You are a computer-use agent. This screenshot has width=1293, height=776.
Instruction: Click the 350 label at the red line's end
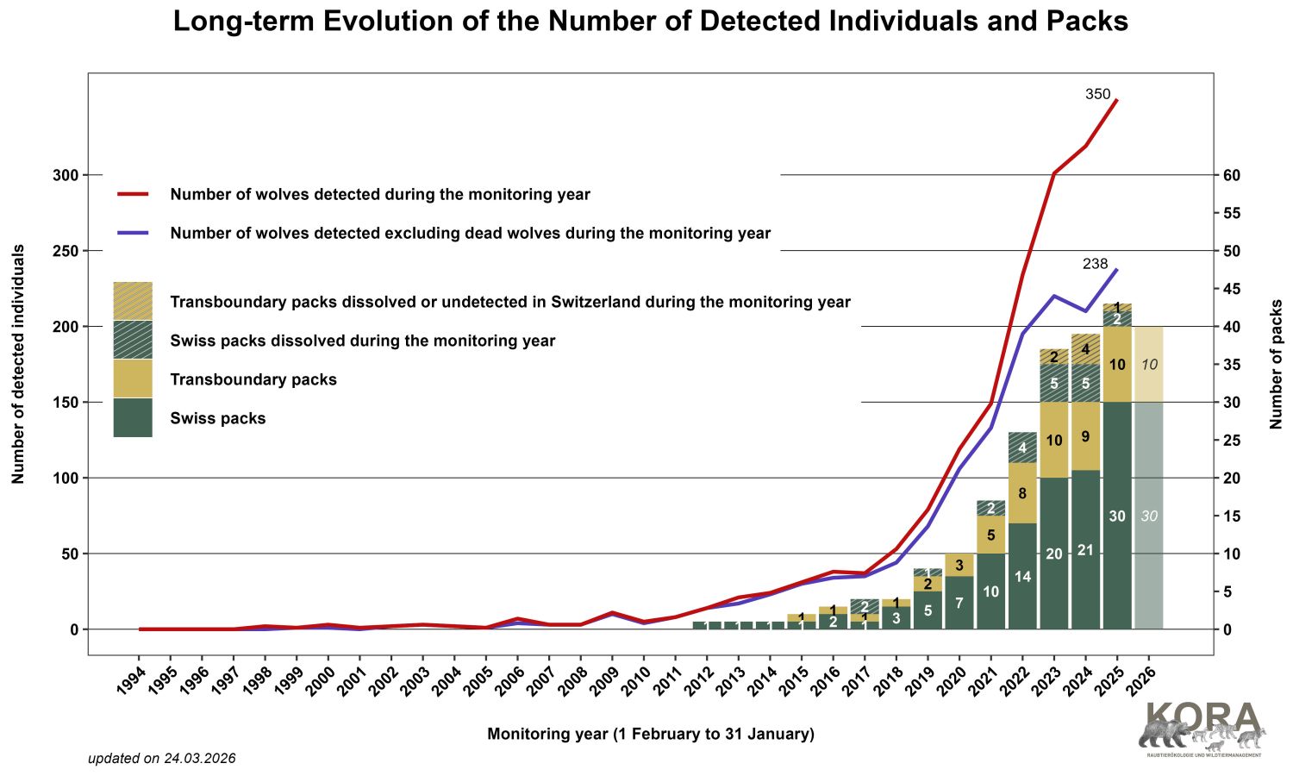tap(1097, 95)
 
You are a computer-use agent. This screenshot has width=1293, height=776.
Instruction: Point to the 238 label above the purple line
tap(1095, 264)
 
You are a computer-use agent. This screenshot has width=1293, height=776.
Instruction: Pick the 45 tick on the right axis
tap(1232, 289)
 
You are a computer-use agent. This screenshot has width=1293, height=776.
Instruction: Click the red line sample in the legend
tap(134, 195)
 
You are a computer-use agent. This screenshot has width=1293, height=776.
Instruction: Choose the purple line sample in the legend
tap(134, 233)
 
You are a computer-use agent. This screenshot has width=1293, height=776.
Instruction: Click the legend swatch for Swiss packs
tap(133, 417)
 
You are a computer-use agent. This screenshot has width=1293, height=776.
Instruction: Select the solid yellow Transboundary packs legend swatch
tap(133, 379)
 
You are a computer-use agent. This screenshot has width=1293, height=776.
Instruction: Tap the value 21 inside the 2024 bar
tap(1085, 550)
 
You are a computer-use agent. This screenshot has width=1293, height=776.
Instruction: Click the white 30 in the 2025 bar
tap(1117, 516)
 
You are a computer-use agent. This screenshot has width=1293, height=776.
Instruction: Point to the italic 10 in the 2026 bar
tap(1149, 365)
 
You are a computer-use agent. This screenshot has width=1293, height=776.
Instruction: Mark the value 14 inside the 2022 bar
tap(1022, 577)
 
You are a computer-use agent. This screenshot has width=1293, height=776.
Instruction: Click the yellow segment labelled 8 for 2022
tap(1022, 493)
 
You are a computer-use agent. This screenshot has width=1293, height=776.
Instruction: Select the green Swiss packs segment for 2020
tap(959, 603)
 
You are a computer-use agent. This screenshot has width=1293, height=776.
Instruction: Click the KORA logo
tap(1203, 729)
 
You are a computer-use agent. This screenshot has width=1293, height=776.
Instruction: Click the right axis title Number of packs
tap(1277, 364)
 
